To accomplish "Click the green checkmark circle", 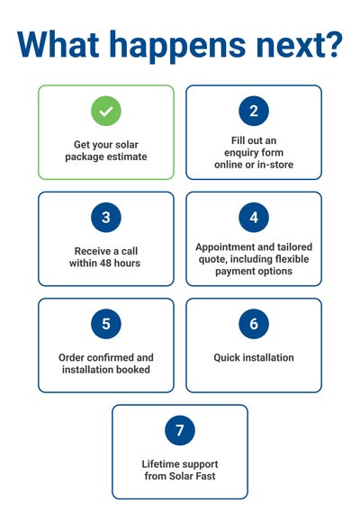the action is pyautogui.click(x=106, y=111).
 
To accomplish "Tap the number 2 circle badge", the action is pyautogui.click(x=254, y=111).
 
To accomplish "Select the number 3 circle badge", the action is pyautogui.click(x=106, y=218).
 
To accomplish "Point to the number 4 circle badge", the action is pyautogui.click(x=254, y=218).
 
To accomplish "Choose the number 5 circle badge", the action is pyautogui.click(x=106, y=324).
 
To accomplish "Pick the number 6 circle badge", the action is pyautogui.click(x=254, y=324).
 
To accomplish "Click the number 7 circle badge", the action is pyautogui.click(x=180, y=430).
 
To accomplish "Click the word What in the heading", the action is pyautogui.click(x=58, y=45).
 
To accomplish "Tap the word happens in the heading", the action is pyautogui.click(x=177, y=47).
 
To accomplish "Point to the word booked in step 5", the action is pyautogui.click(x=133, y=370).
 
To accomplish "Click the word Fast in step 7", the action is pyautogui.click(x=206, y=476).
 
